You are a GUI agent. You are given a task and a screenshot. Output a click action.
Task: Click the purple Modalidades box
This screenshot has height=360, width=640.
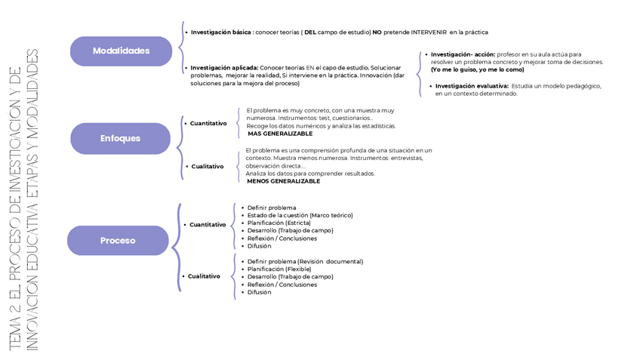(x=121, y=51)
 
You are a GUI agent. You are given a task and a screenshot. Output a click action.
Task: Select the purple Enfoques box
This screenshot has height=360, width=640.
(x=121, y=139)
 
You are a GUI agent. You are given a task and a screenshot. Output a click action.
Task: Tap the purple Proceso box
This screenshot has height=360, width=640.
(x=118, y=241)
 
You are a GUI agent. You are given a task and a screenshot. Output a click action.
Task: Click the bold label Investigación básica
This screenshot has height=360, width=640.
(x=220, y=32)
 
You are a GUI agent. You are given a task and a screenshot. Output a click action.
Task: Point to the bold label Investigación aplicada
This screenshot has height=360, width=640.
(x=224, y=68)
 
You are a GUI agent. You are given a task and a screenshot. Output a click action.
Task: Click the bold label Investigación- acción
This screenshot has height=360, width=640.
(x=463, y=54)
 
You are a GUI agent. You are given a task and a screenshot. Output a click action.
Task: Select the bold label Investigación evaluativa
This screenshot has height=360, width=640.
(x=472, y=86)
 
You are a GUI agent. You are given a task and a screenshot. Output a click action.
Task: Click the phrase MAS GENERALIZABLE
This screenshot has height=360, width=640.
(x=280, y=134)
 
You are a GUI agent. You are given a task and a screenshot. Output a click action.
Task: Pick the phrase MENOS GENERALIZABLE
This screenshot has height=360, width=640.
(x=284, y=181)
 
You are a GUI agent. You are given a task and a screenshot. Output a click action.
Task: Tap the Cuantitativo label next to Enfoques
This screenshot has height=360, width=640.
(x=208, y=123)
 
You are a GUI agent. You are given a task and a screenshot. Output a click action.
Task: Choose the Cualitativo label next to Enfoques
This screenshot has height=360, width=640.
(x=207, y=167)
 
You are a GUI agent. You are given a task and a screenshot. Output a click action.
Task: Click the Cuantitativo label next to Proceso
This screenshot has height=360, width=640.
(x=208, y=225)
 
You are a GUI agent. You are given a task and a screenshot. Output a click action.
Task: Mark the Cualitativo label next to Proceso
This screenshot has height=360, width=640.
(x=204, y=276)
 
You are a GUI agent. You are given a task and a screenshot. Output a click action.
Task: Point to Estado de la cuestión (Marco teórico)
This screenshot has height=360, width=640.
(x=300, y=215)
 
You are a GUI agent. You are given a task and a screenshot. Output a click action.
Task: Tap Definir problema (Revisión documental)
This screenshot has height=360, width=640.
(x=305, y=261)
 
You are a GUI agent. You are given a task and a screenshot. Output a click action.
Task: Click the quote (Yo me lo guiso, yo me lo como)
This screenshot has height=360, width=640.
(x=477, y=69)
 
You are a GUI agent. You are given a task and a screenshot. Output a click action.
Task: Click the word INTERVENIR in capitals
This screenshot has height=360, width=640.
(x=426, y=32)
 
